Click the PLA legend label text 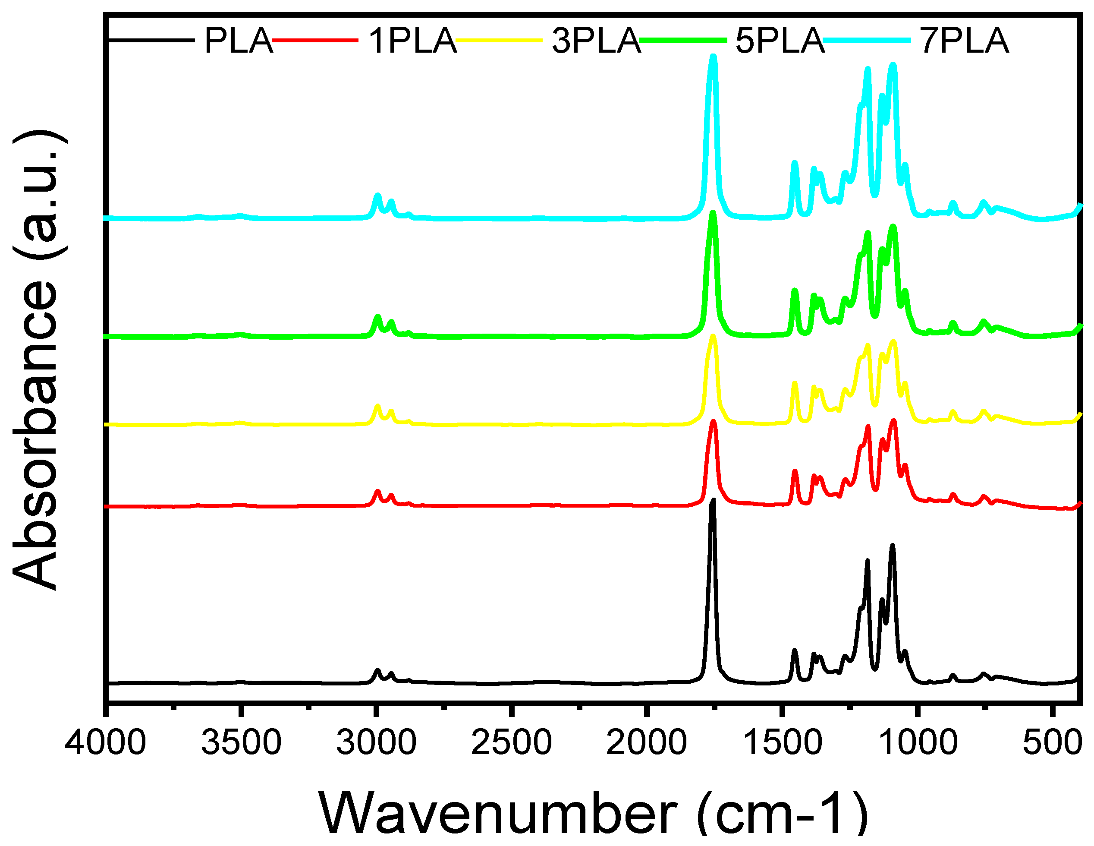pyautogui.click(x=239, y=41)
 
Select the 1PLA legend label pyautogui.click(x=413, y=41)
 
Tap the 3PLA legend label pyautogui.click(x=596, y=41)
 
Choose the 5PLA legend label pyautogui.click(x=780, y=41)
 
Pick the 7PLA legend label pyautogui.click(x=964, y=41)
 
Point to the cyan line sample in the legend pyautogui.click(x=867, y=40)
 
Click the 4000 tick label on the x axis pyautogui.click(x=105, y=742)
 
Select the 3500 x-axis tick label pyautogui.click(x=241, y=742)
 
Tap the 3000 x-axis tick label pyautogui.click(x=376, y=742)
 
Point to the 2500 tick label pyautogui.click(x=512, y=742)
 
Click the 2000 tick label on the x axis pyautogui.click(x=646, y=742)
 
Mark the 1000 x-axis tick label pyautogui.click(x=918, y=742)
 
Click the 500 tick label pyautogui.click(x=1052, y=742)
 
